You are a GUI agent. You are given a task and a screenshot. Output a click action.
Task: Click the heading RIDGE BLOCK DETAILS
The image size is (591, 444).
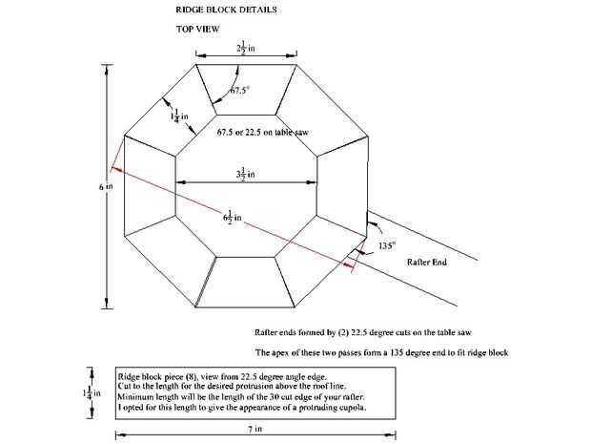[x=227, y=10]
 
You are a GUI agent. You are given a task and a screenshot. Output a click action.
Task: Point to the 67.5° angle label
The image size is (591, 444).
[x=242, y=92]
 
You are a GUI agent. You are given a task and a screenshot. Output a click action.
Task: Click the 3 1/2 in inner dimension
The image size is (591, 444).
[x=245, y=173]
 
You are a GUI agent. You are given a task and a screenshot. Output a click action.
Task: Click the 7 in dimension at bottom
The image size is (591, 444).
[x=255, y=431]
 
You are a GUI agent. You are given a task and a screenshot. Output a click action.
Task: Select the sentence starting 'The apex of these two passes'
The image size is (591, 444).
[x=381, y=352]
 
